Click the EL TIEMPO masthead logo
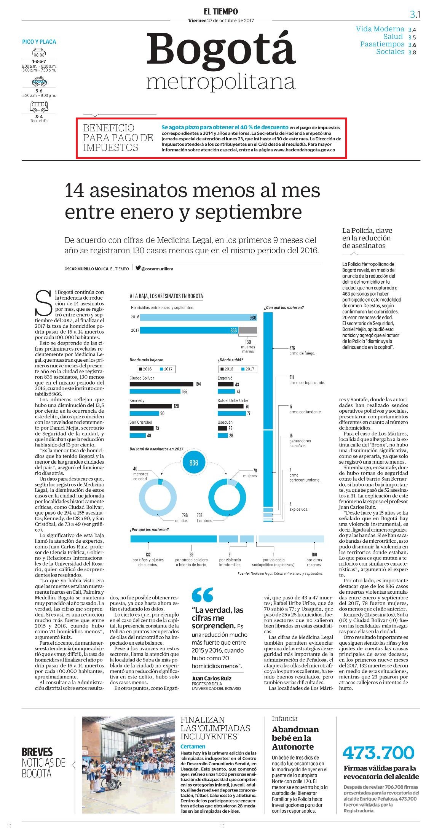tap(221, 12)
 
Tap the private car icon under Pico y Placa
tap(39, 52)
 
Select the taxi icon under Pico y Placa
tap(39, 81)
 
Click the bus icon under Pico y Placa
tap(39, 107)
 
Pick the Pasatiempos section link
tap(382, 44)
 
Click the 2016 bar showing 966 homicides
tap(199, 317)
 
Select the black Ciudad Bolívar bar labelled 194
tap(161, 384)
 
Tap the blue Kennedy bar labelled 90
tap(144, 413)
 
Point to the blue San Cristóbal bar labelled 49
tap(138, 435)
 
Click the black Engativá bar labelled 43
tap(225, 384)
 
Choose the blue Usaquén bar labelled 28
tap(222, 435)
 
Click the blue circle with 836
tap(194, 463)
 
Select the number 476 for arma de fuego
tap(292, 348)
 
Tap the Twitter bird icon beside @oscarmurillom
tap(138, 268)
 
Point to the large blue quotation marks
tap(203, 595)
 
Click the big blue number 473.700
tap(378, 752)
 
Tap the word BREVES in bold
tap(37, 752)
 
